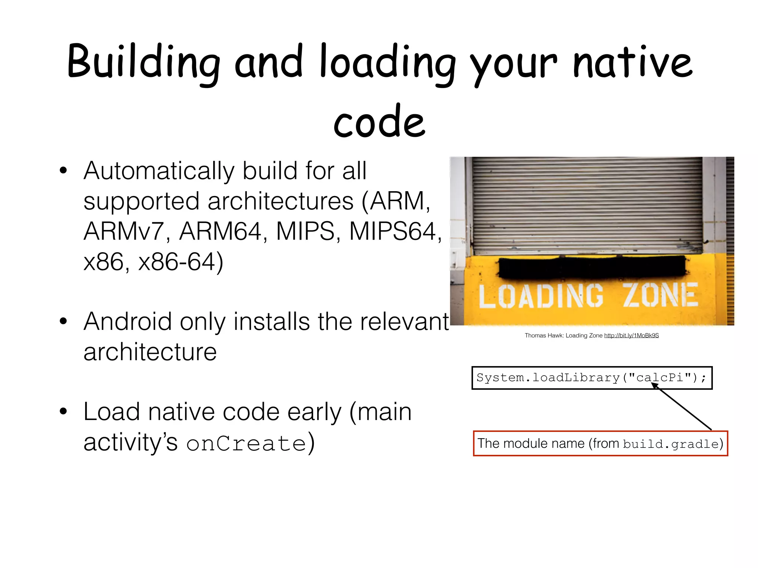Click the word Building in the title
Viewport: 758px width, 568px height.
pos(144,62)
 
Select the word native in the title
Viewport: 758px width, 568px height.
pos(632,62)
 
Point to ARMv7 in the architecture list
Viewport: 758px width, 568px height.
pos(124,232)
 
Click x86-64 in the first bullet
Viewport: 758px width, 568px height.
pos(181,262)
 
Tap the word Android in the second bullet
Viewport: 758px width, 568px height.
pos(128,322)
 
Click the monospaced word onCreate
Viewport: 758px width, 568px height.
pos(246,443)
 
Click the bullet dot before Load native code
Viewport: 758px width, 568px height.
pos(63,412)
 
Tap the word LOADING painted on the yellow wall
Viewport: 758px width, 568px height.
pos(540,296)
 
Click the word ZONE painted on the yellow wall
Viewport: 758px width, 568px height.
pos(660,295)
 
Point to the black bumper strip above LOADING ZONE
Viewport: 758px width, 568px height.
pos(591,267)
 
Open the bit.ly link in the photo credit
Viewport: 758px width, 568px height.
pos(631,336)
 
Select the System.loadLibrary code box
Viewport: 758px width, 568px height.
pos(591,378)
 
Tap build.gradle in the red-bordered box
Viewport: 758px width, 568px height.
pos(671,444)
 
